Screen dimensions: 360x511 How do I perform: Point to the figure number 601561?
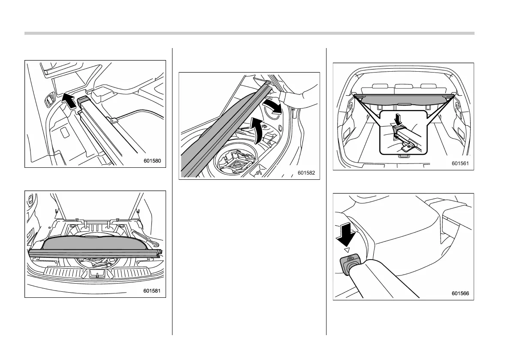[x=460, y=163]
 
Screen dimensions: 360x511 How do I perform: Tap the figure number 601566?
[x=460, y=293]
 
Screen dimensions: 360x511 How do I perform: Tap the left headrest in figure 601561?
[x=380, y=88]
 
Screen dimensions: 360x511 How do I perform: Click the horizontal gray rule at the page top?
[x=249, y=33]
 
